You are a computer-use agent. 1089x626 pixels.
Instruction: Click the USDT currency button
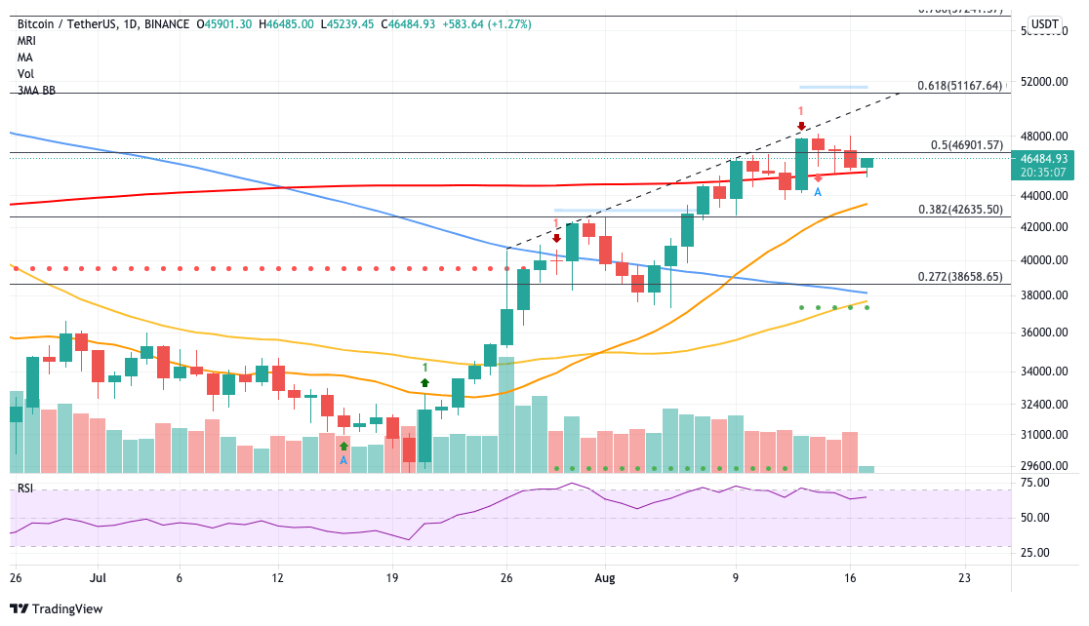(1045, 24)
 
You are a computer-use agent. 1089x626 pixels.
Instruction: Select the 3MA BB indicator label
(36, 91)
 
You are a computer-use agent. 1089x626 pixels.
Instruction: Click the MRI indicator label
(26, 41)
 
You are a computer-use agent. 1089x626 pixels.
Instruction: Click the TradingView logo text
(68, 609)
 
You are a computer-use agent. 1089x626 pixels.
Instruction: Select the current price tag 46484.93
(1044, 158)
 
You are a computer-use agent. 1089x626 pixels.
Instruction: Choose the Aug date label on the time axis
(605, 576)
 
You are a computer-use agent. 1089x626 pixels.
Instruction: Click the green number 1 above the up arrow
(425, 367)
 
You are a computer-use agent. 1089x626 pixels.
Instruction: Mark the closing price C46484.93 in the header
(423, 23)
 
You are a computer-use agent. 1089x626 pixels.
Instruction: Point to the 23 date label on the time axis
(964, 576)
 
